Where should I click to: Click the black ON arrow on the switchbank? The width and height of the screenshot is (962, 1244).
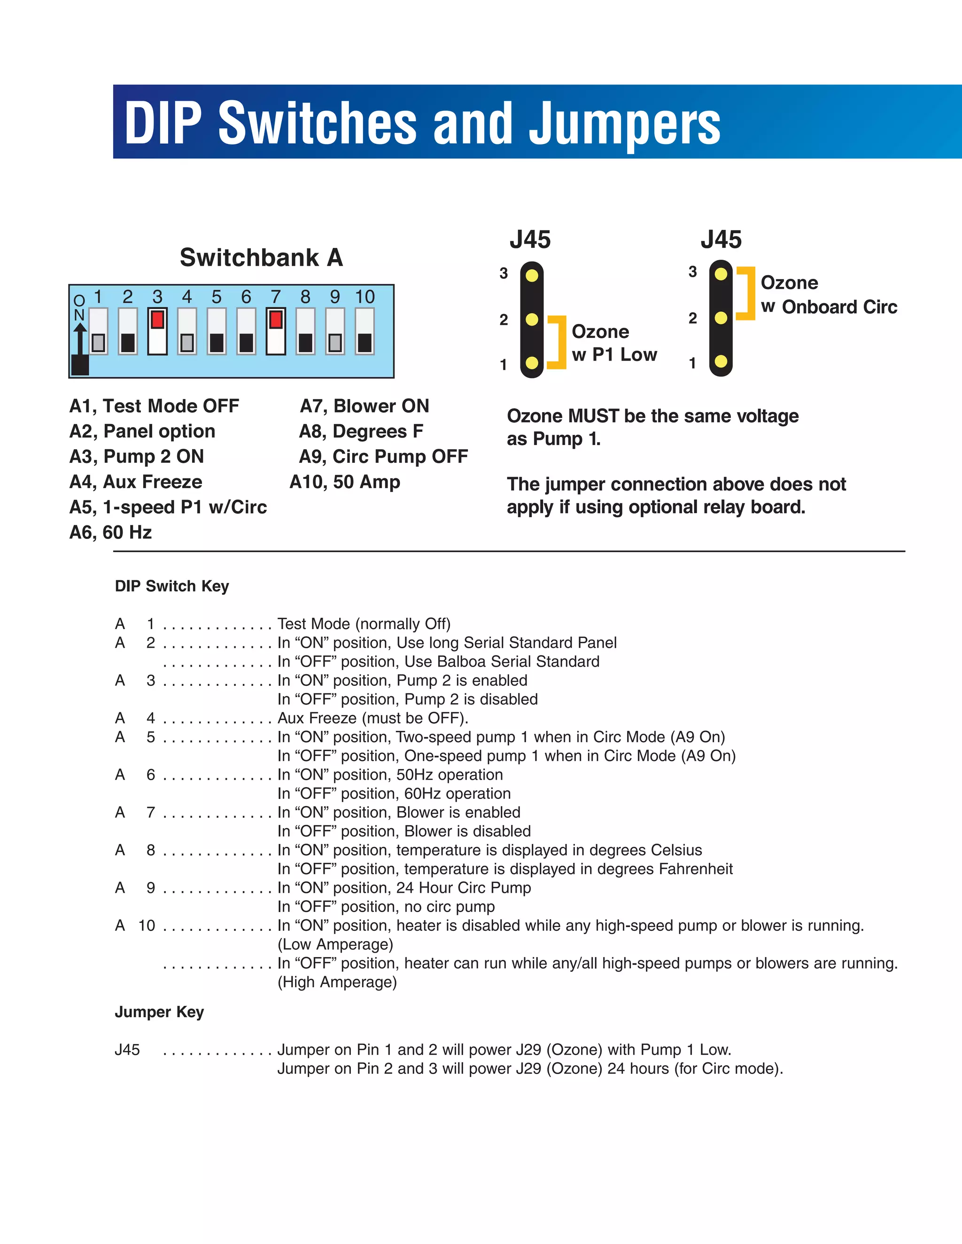[80, 347]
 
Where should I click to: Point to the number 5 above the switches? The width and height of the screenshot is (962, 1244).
[216, 297]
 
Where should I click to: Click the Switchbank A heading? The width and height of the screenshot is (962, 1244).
[261, 257]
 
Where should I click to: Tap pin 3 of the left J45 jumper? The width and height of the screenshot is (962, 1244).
[532, 276]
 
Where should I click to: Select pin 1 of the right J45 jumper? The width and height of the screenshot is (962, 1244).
[721, 361]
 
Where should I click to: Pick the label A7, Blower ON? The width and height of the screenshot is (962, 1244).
[364, 406]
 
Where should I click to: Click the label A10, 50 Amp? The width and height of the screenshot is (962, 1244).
[345, 482]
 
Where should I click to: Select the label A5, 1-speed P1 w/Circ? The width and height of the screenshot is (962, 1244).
[168, 507]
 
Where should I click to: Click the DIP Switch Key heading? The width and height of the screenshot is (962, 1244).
[171, 586]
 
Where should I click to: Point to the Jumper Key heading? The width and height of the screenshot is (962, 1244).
[159, 1012]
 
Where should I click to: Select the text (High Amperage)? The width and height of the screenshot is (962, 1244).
[337, 982]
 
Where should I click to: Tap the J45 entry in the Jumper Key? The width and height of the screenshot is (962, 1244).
[127, 1050]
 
